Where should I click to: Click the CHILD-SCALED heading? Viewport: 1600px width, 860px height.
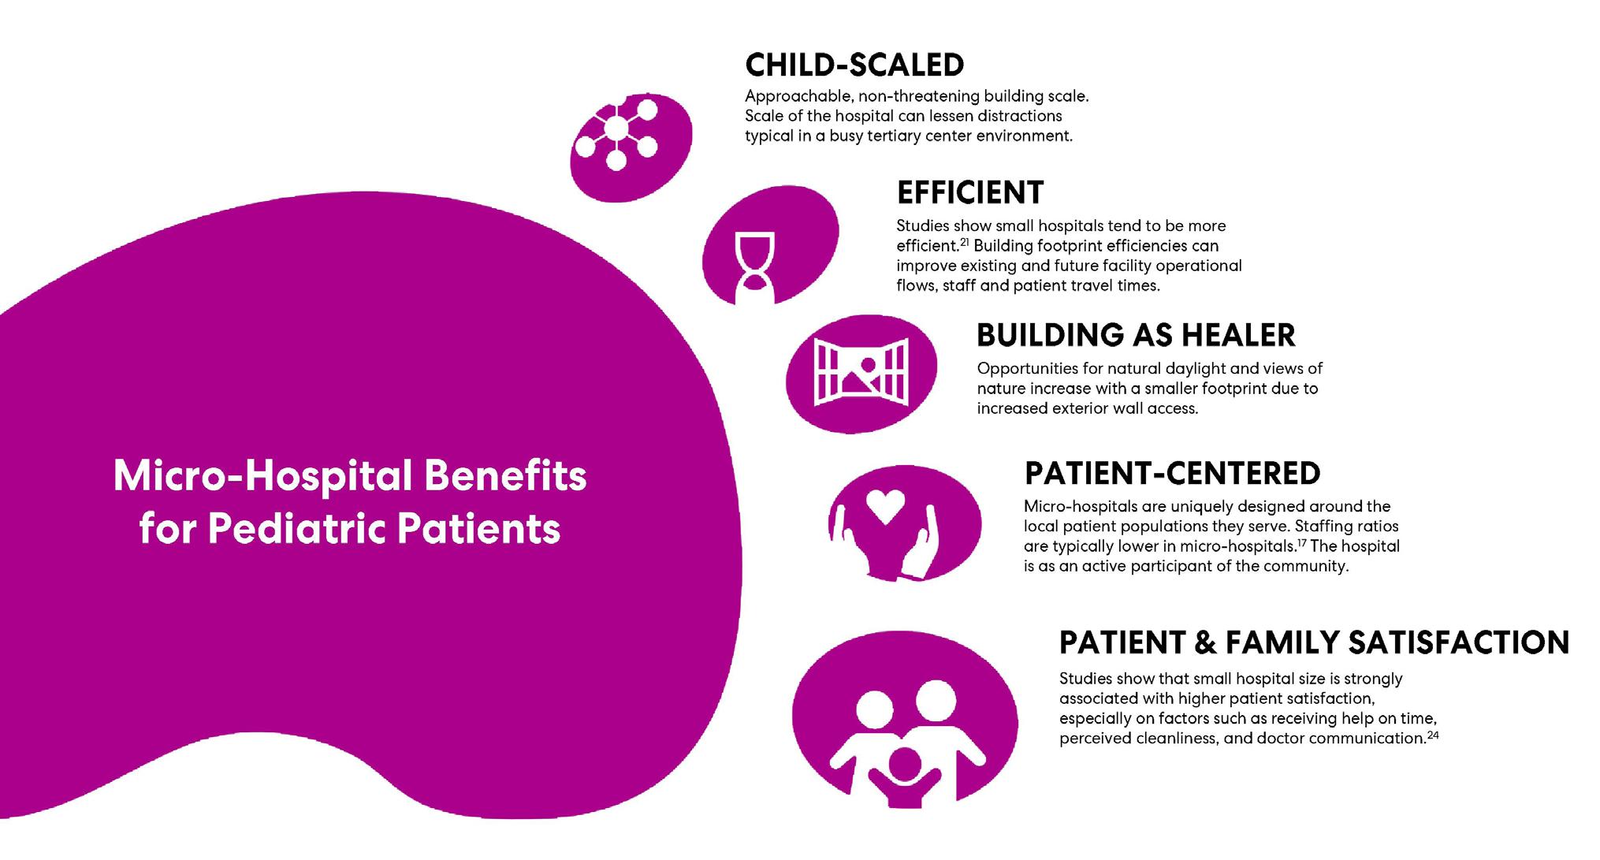tap(854, 65)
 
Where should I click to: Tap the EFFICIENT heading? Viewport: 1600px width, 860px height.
tap(969, 192)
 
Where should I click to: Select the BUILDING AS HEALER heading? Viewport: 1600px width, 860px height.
tap(1135, 335)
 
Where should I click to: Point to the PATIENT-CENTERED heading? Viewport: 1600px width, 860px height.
tap(1172, 473)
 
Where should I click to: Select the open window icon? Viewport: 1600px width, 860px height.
tap(861, 373)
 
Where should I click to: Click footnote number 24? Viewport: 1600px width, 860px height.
tap(1433, 735)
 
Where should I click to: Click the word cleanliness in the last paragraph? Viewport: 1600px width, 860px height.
tap(1195, 739)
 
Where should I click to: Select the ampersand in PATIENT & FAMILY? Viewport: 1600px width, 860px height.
tap(1205, 642)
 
